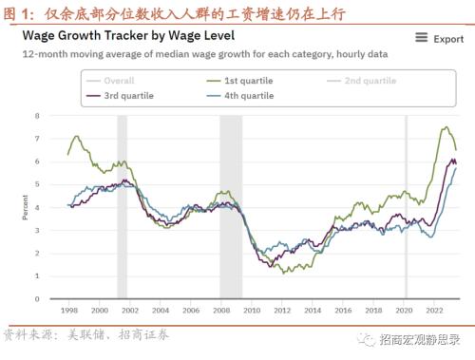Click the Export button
click(448, 39)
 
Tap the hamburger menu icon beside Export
click(422, 39)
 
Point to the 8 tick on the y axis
click(37, 116)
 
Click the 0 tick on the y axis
click(37, 299)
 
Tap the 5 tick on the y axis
click(37, 184)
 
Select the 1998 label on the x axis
click(68, 311)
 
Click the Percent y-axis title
click(25, 206)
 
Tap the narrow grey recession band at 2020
click(407, 207)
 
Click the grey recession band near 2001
click(122, 207)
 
